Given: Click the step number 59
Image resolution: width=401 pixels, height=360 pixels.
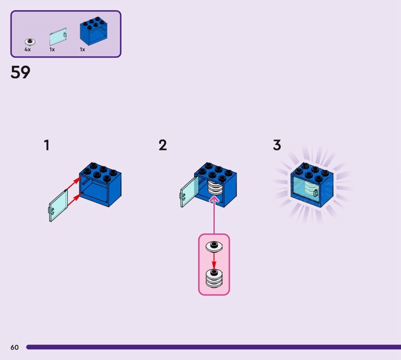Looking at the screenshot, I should (x=20, y=73).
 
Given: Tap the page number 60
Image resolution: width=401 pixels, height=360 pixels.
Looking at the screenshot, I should (x=14, y=347).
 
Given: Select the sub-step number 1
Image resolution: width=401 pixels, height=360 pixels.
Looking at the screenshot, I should (x=47, y=145).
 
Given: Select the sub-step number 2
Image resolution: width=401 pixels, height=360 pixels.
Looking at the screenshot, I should (x=162, y=145).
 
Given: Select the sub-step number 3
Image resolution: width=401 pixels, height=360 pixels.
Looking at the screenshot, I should (x=277, y=145).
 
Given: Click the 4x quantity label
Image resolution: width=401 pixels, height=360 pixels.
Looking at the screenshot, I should (x=28, y=50).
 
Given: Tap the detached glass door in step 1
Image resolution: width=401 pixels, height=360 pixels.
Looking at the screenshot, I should (x=58, y=205).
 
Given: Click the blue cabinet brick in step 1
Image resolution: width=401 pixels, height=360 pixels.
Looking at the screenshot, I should (x=100, y=186).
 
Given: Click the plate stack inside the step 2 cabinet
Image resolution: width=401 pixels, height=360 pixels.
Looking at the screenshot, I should (x=214, y=189).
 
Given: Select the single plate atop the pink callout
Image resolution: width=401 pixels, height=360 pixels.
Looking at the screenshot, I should (x=214, y=246).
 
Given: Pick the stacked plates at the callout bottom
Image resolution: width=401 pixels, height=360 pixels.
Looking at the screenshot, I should (x=214, y=278).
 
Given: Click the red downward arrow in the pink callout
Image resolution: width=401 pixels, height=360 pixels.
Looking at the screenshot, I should (x=214, y=261).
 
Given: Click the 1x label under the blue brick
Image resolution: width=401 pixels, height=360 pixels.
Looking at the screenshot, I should (x=82, y=50).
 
